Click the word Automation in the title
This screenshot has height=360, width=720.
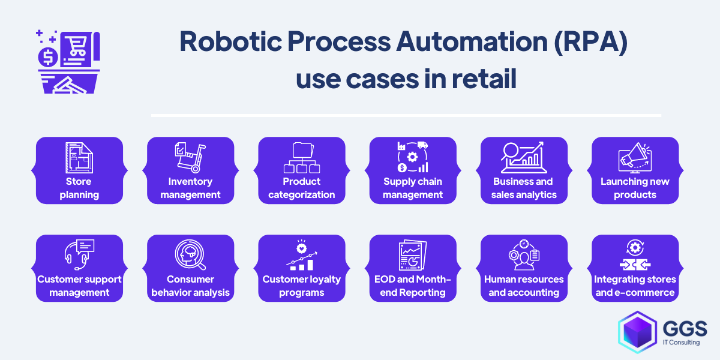[x=472, y=41]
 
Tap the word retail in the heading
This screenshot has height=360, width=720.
[x=484, y=78]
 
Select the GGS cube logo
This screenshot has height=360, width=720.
[x=637, y=332]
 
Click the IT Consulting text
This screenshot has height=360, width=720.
[x=681, y=343]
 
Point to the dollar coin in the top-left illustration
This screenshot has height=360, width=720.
[x=48, y=57]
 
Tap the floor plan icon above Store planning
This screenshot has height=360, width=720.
[x=79, y=157]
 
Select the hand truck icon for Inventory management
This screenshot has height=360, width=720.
[x=191, y=157]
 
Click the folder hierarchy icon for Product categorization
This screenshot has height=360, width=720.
[x=301, y=157]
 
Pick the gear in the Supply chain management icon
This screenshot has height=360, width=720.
[x=412, y=157]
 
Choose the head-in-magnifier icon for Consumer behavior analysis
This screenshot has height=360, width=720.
[x=190, y=254]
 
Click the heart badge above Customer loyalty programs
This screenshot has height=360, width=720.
[x=301, y=248]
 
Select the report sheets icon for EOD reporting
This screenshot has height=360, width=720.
[x=413, y=255]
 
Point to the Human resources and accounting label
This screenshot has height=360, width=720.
[x=524, y=286]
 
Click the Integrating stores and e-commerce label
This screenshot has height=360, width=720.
[x=635, y=286]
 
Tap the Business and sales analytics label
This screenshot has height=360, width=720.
[x=524, y=188]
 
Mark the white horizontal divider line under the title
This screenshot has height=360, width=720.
[x=406, y=115]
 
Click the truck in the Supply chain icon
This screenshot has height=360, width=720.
[x=422, y=145]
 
